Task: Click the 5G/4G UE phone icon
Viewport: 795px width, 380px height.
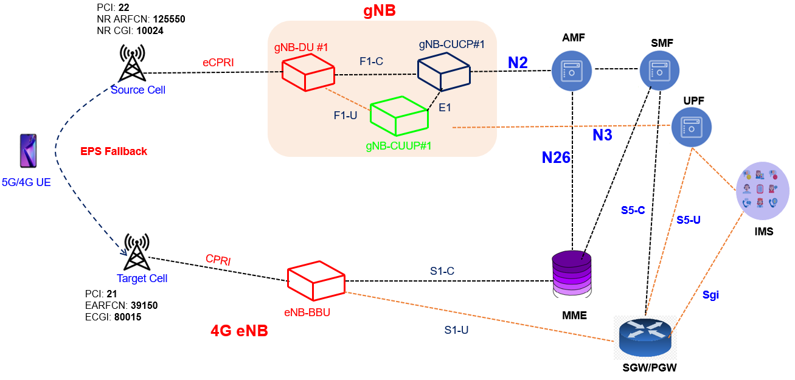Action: click(x=28, y=151)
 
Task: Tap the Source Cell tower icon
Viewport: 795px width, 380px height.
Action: click(x=131, y=64)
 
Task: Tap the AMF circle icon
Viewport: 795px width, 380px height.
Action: click(x=572, y=70)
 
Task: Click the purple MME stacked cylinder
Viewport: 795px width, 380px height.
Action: click(x=572, y=273)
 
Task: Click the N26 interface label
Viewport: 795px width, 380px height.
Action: click(x=556, y=158)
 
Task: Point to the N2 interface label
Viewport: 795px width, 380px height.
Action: click(x=518, y=63)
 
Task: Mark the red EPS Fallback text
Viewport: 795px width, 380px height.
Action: click(x=114, y=151)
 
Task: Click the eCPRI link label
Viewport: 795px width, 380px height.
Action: click(x=218, y=62)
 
